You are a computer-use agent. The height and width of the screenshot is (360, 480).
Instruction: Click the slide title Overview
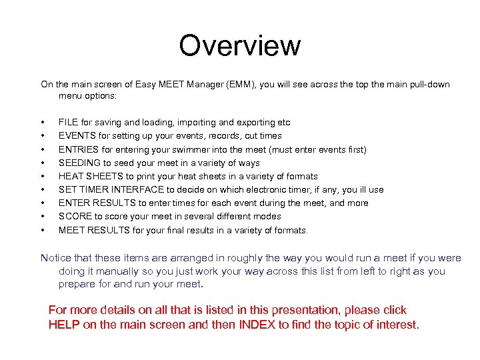tap(239, 45)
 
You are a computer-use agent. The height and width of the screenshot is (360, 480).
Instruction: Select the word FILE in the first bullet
tap(67, 123)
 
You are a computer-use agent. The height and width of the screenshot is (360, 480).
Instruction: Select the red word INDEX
tap(257, 325)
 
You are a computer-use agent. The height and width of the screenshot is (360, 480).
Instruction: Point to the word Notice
tap(57, 258)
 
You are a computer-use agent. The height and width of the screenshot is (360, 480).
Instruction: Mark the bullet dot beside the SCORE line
tap(43, 217)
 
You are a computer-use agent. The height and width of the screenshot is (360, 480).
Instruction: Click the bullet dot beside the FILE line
tap(43, 123)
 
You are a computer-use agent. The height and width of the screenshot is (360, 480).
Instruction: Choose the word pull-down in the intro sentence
tap(428, 85)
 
